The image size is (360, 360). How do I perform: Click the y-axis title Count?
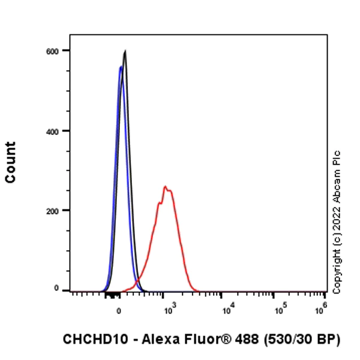[11, 162]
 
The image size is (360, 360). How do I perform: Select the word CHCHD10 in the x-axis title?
[89, 339]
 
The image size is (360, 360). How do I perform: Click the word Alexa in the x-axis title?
[149, 339]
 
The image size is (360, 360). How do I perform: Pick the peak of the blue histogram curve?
[121, 67]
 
